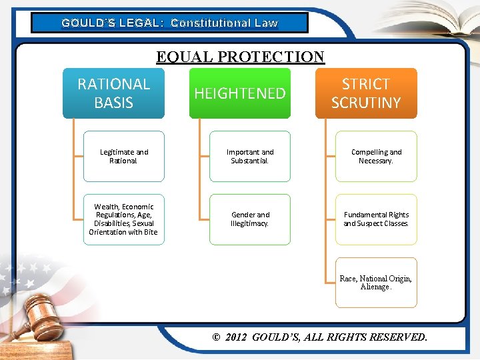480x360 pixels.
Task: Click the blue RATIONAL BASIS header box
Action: coord(113,93)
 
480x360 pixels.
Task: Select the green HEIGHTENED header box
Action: coord(240,93)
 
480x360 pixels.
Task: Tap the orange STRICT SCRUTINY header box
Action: coord(366,93)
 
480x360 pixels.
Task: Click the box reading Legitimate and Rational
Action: coord(123,157)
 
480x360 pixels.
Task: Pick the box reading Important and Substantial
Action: coord(250,157)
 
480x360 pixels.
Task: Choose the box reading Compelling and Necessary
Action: coord(376,157)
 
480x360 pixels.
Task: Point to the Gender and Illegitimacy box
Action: coord(250,219)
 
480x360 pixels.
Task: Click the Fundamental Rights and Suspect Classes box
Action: coord(376,219)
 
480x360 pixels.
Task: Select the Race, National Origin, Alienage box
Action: coord(376,283)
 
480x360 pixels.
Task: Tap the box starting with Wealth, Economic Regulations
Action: coord(123,219)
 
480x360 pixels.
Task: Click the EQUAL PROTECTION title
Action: coord(240,57)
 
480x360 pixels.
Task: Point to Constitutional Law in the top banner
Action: coord(224,23)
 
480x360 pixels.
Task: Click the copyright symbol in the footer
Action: coord(216,337)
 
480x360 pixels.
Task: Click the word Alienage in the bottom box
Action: coord(375,287)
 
